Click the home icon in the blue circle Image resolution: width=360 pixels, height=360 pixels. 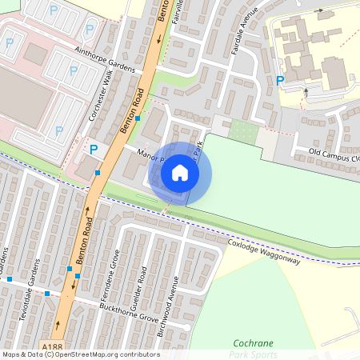pos(180,173)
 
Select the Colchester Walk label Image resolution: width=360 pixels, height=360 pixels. pos(101,102)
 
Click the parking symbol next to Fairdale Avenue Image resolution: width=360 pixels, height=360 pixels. pos(279,80)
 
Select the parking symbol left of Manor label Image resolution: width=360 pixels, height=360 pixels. pos(94,149)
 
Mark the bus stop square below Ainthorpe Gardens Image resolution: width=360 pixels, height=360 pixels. pos(138,118)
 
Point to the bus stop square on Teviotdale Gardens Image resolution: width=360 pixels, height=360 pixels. pos(47,294)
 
